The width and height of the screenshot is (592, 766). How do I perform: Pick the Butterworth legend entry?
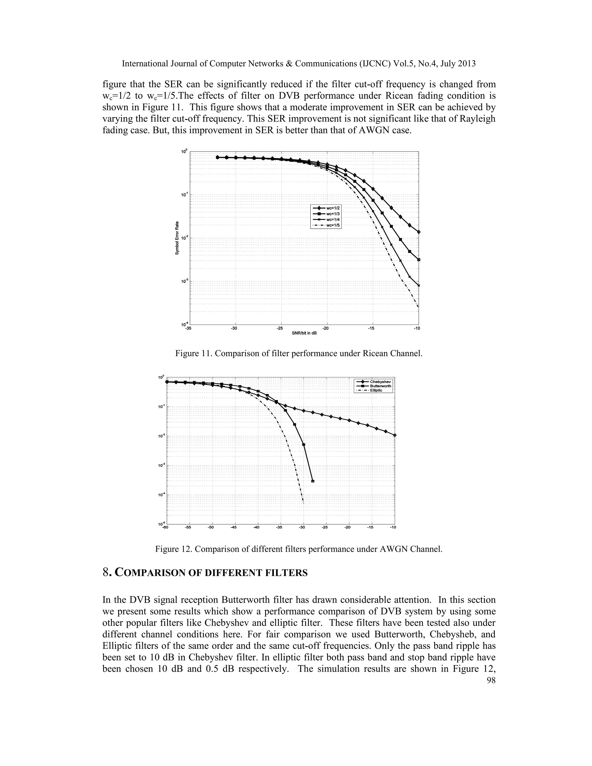(x=380, y=386)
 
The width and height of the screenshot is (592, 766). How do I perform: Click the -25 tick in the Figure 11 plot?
(x=280, y=328)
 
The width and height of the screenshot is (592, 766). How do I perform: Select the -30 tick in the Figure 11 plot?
(x=234, y=328)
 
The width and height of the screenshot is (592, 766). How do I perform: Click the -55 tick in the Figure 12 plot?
(x=188, y=528)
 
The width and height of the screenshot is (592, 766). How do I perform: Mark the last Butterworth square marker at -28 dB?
(x=313, y=481)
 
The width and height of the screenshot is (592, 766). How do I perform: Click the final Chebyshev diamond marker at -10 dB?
(x=395, y=435)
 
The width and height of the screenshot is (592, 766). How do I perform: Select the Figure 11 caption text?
(x=299, y=354)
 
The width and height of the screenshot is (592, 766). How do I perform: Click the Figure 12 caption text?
(x=299, y=549)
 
